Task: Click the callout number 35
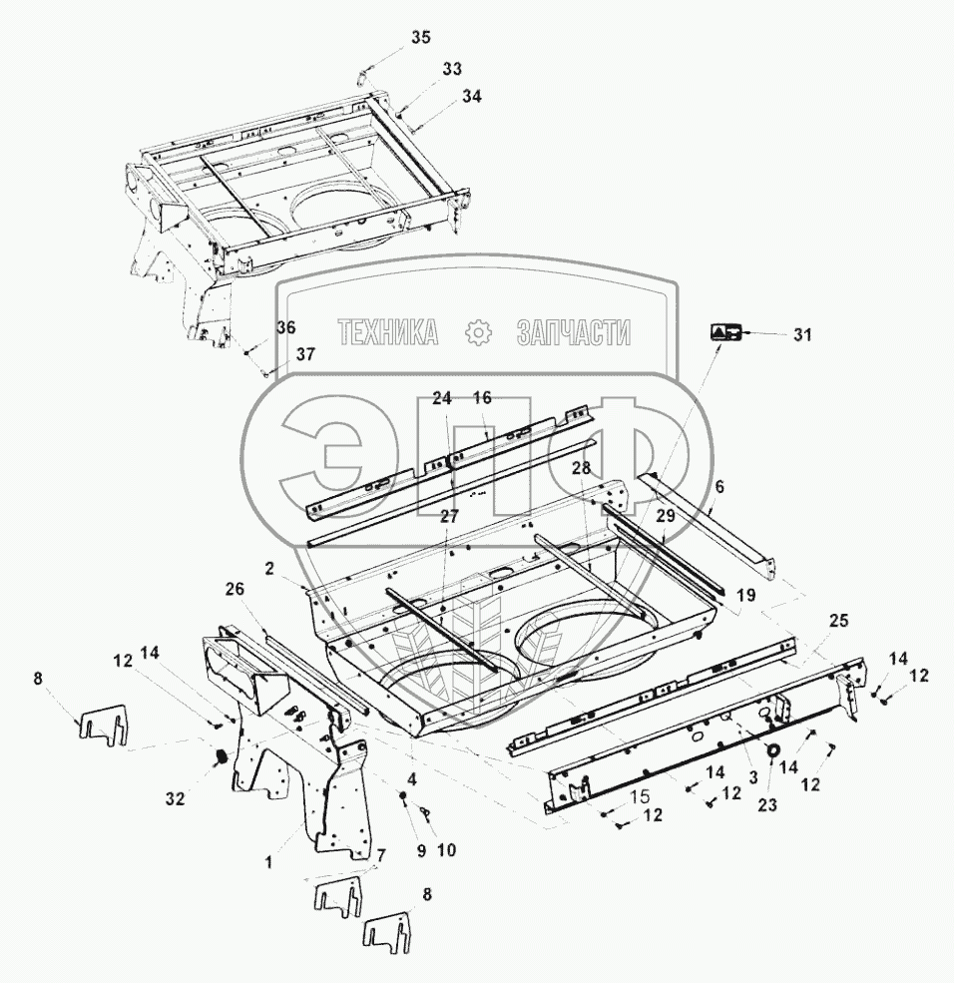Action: click(x=420, y=38)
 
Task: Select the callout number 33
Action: click(x=452, y=69)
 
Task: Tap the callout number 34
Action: click(x=471, y=97)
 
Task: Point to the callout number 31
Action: click(x=802, y=335)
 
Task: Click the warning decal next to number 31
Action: click(x=724, y=333)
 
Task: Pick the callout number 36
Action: click(x=286, y=327)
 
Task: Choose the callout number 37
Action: click(x=304, y=354)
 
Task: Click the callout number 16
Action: click(x=482, y=397)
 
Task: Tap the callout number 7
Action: click(x=378, y=854)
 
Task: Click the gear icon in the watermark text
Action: click(x=478, y=332)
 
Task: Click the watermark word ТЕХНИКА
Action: click(x=388, y=332)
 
